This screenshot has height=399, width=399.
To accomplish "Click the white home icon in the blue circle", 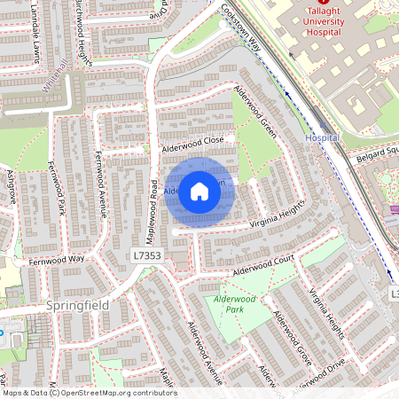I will coord(199,192).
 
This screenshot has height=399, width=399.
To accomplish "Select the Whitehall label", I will coord(55,79).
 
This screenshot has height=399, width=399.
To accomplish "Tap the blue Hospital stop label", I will coord(321,139).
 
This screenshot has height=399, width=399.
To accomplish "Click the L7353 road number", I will coord(146,255).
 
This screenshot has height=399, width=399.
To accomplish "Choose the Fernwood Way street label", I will coord(55,259).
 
